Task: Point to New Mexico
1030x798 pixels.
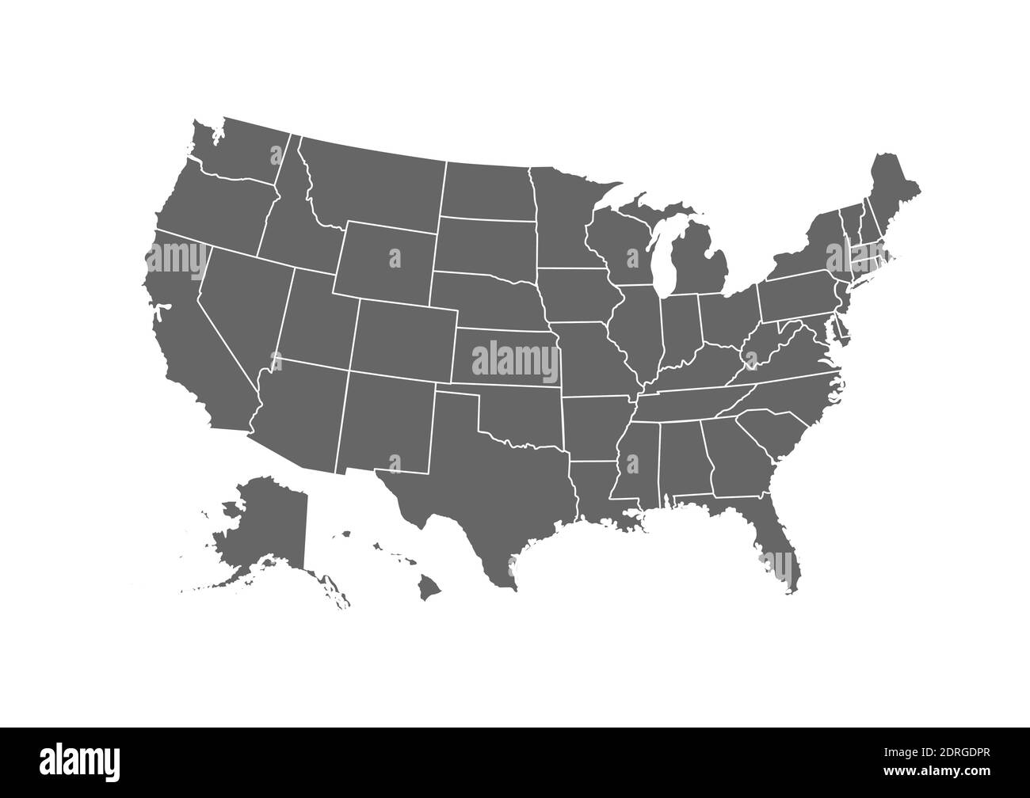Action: [388, 420]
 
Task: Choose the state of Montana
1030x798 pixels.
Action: [372, 182]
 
